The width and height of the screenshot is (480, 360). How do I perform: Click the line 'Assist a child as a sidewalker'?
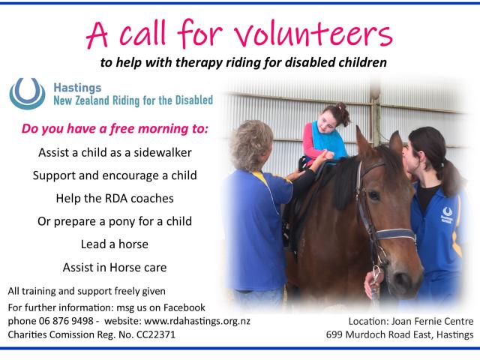point(115,152)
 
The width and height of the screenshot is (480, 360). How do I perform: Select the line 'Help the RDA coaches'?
point(115,199)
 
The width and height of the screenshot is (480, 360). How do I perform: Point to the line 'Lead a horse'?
point(115,244)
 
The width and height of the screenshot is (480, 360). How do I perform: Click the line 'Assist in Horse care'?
point(115,267)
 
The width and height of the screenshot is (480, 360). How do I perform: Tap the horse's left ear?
point(364,142)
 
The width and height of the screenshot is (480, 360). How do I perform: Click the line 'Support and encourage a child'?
point(115,175)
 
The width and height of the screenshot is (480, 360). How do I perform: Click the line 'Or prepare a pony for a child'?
point(115,221)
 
